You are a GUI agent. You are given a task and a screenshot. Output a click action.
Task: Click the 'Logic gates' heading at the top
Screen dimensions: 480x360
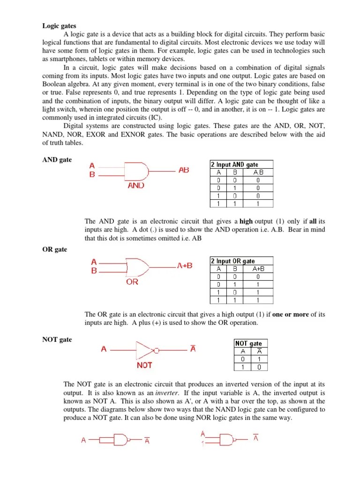click(x=59, y=26)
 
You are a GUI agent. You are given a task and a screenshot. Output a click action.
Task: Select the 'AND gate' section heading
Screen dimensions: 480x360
click(x=57, y=160)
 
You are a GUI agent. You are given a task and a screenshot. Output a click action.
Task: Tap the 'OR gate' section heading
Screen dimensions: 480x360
click(x=55, y=249)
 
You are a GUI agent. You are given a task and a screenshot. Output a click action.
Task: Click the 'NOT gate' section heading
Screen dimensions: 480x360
click(x=57, y=339)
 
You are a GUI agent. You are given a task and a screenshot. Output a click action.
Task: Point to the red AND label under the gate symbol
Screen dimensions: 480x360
click(x=136, y=185)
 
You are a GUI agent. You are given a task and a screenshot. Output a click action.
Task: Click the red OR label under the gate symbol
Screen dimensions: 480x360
click(x=132, y=282)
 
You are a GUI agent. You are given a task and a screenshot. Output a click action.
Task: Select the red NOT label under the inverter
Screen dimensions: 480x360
click(x=144, y=365)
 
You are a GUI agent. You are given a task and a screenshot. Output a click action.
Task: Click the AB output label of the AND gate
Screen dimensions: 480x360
click(x=184, y=170)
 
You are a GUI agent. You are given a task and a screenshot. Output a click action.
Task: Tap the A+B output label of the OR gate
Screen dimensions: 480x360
click(x=185, y=265)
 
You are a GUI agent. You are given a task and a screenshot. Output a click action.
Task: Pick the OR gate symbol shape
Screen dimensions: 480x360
click(x=135, y=266)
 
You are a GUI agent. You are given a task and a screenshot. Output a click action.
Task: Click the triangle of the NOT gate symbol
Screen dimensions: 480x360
click(x=144, y=349)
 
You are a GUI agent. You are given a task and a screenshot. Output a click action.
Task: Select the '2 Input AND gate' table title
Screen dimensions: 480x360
click(x=234, y=164)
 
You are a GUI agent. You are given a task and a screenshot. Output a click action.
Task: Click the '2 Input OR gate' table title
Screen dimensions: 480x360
click(x=232, y=261)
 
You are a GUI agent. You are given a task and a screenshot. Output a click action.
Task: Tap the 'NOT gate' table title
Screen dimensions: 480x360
click(x=248, y=343)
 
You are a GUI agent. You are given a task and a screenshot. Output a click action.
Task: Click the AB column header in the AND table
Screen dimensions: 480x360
click(x=258, y=172)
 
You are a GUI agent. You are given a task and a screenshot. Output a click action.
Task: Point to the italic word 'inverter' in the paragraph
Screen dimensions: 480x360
click(x=167, y=393)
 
